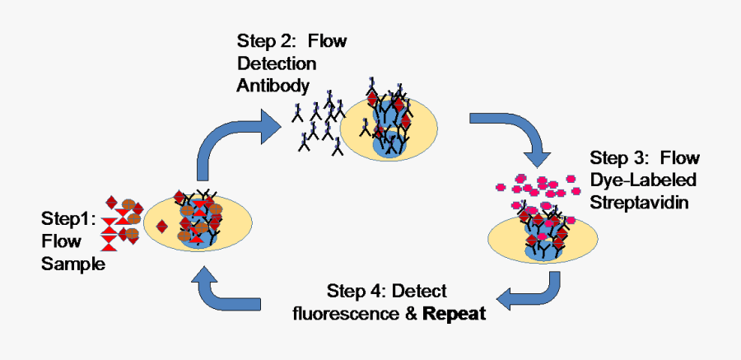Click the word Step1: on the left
coord(69,219)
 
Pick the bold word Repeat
coord(452,313)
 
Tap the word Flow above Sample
coord(62,242)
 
